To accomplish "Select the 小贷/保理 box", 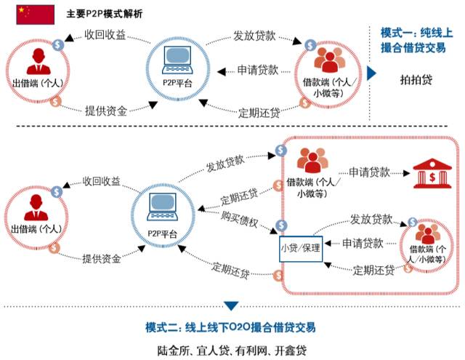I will click(x=301, y=247).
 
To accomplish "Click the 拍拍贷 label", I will click(x=416, y=80).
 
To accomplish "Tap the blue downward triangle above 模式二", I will click(x=231, y=305).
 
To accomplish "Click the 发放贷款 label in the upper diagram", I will click(x=254, y=35).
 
